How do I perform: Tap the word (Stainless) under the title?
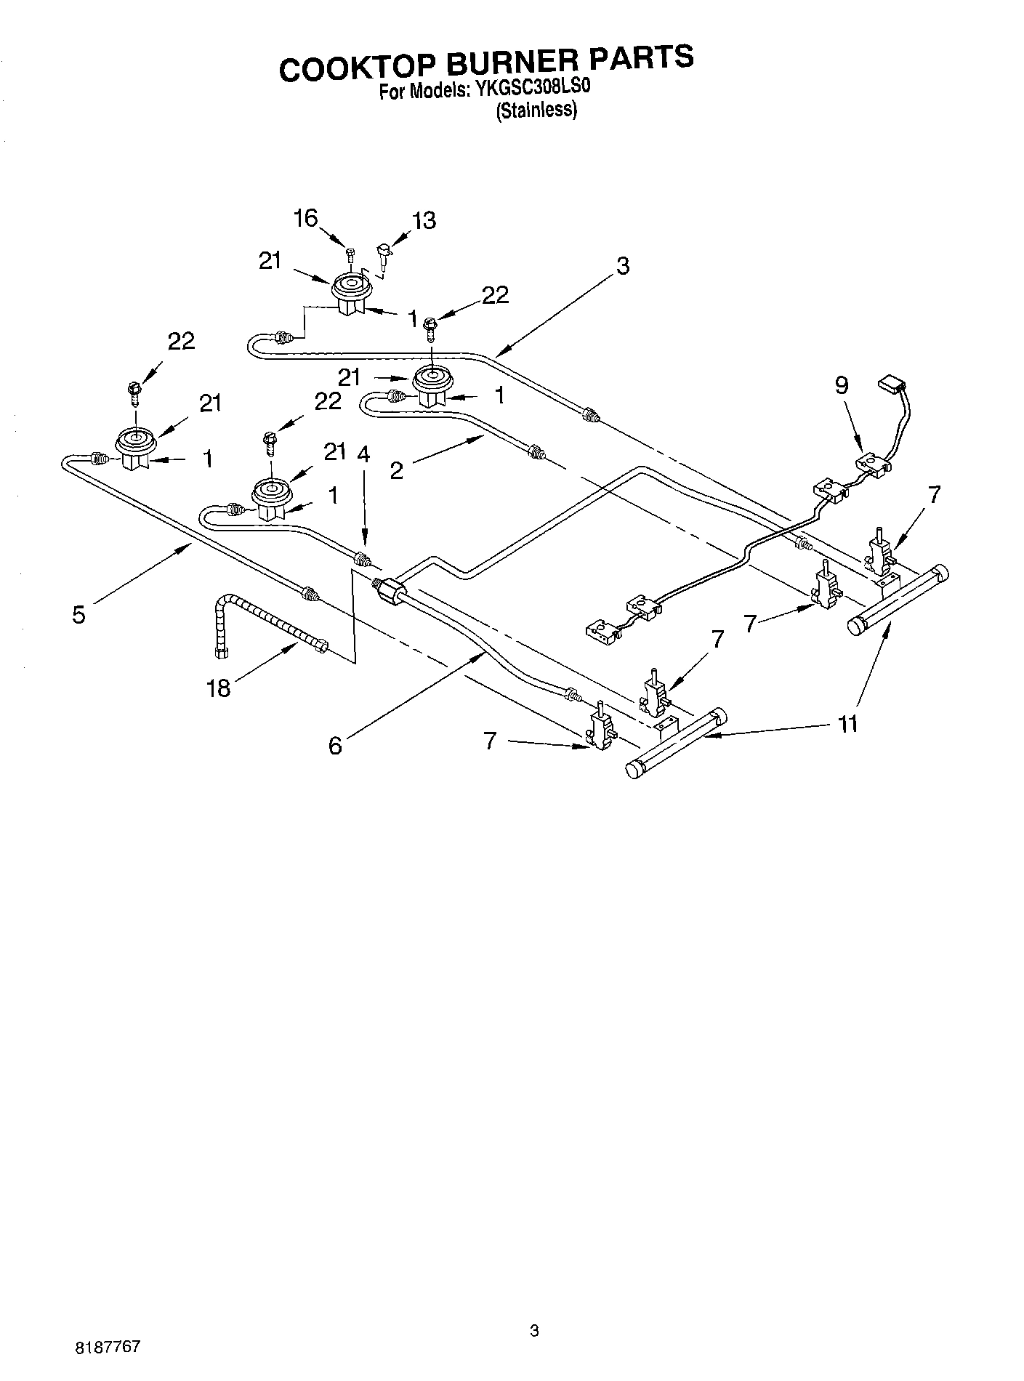point(536,111)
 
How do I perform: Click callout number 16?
point(306,217)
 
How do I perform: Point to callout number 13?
point(424,220)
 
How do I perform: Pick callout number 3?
point(622,266)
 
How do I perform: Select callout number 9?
point(841,385)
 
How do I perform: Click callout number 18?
point(219,688)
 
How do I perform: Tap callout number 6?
point(335,745)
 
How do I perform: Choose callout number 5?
point(78,614)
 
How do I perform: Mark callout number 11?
point(847,723)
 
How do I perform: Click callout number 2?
point(396,470)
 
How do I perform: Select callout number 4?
point(363,454)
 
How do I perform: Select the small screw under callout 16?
point(350,254)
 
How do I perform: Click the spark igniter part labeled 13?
point(382,256)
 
